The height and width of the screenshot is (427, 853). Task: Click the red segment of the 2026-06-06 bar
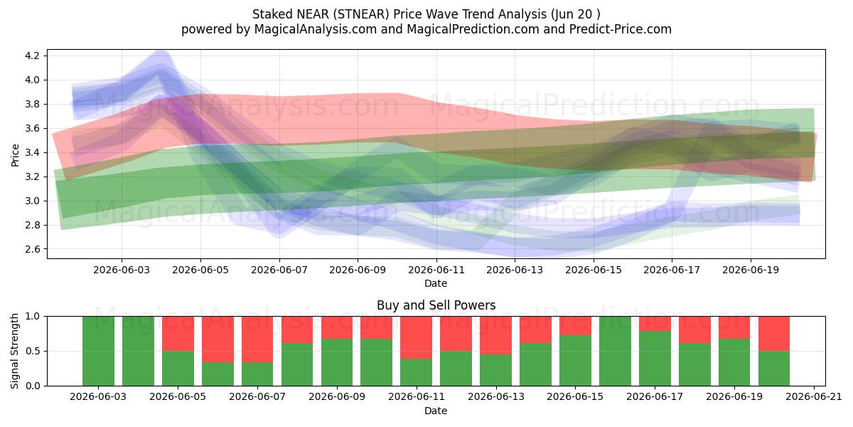click(x=218, y=339)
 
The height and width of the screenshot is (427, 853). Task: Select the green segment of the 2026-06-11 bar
click(x=417, y=372)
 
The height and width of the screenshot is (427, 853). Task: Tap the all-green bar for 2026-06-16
click(x=615, y=351)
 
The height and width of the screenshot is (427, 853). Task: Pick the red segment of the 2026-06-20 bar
click(x=774, y=334)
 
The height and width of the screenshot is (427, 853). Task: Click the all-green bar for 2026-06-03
click(x=98, y=351)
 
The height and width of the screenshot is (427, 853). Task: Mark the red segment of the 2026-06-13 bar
click(x=496, y=335)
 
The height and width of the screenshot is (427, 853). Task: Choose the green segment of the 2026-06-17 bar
click(x=655, y=359)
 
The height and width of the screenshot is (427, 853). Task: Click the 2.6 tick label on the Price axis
click(x=32, y=249)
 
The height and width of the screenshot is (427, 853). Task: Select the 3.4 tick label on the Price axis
click(x=32, y=152)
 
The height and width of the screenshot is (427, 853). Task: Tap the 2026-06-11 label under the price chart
click(x=436, y=270)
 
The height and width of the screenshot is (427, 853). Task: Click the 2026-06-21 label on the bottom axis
click(x=814, y=397)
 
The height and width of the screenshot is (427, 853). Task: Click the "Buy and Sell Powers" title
click(x=436, y=305)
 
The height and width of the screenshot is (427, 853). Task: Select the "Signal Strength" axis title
click(x=14, y=351)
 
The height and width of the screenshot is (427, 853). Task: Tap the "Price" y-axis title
click(x=15, y=155)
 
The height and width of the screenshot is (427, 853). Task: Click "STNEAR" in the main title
click(x=361, y=14)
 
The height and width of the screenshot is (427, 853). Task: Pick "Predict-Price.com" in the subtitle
click(x=621, y=29)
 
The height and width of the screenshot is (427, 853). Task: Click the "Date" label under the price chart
click(x=436, y=283)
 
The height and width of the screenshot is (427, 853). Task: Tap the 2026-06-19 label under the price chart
click(x=751, y=270)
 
